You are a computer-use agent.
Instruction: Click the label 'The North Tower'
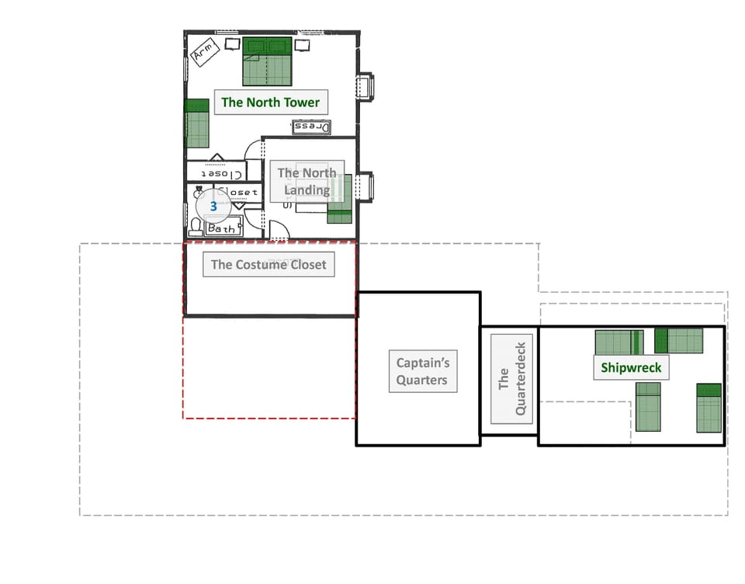click(270, 102)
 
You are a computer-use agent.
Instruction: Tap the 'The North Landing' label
click(307, 181)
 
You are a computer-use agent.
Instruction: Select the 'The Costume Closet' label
click(269, 264)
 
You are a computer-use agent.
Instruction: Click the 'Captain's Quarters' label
click(422, 370)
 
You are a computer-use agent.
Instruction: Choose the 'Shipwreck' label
click(631, 367)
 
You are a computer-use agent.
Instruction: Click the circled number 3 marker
click(213, 207)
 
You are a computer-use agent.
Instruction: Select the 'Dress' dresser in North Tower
click(311, 127)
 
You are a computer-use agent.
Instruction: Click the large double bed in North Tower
click(268, 61)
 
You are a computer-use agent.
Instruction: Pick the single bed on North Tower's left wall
click(198, 123)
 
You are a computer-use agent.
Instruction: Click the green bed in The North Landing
click(339, 200)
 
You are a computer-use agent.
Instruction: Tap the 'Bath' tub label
click(224, 228)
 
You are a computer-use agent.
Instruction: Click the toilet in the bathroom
click(196, 226)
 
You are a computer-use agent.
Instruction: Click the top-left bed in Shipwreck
click(619, 342)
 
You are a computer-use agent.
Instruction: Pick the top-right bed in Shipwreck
click(678, 340)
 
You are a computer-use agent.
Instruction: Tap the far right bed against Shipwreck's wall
click(709, 408)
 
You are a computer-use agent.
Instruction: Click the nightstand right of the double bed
click(303, 45)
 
